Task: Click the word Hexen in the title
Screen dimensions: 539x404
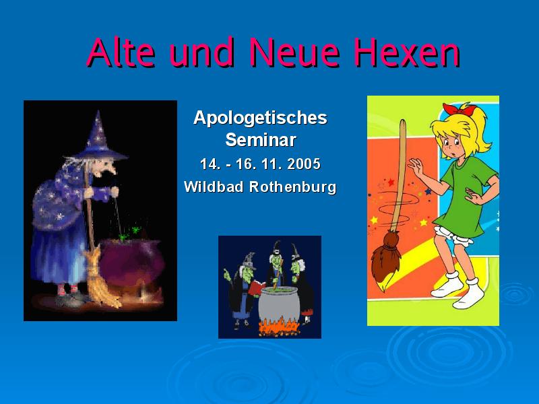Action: click(x=408, y=53)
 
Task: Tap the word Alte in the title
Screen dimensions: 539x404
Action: click(x=121, y=53)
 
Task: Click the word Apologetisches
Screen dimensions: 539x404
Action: click(x=260, y=119)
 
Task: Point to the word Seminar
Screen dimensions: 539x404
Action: click(x=261, y=140)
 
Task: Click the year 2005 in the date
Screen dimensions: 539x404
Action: click(x=304, y=164)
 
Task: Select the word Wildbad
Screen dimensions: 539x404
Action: click(x=214, y=187)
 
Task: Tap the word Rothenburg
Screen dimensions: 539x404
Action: click(x=292, y=188)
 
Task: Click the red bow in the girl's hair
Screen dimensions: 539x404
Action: click(x=459, y=109)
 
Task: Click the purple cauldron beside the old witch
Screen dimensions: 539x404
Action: click(x=131, y=265)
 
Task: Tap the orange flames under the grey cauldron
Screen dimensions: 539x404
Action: click(x=278, y=327)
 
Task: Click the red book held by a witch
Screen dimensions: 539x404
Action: click(x=257, y=288)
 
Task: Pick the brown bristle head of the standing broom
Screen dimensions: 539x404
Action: click(x=385, y=259)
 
